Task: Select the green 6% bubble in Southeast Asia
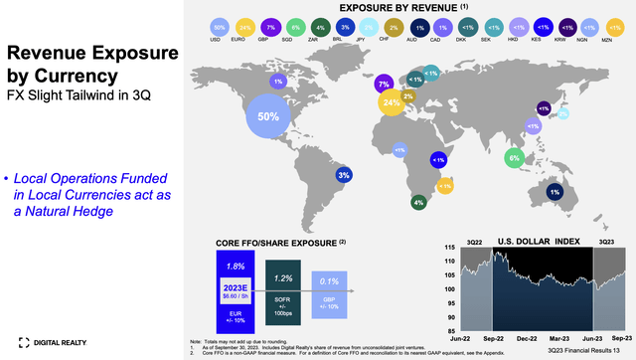(x=514, y=156)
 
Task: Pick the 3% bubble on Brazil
(x=344, y=175)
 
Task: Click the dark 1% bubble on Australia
(x=553, y=191)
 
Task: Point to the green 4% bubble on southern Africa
(x=418, y=202)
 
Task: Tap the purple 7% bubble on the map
(x=384, y=86)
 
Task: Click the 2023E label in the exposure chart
(x=235, y=286)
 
